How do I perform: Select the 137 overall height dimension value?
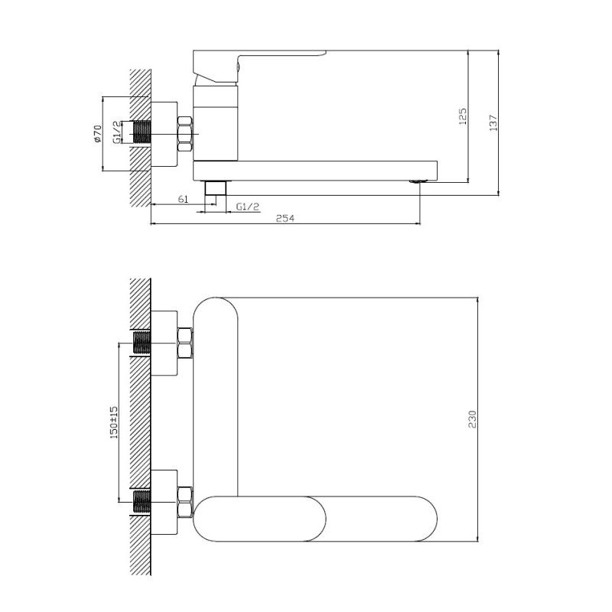(493, 122)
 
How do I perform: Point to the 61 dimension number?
(183, 200)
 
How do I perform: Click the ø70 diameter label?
(98, 135)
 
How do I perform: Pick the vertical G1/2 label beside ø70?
(117, 132)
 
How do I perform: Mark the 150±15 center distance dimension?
(113, 422)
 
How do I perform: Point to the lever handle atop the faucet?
(260, 60)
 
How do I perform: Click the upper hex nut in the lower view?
(184, 343)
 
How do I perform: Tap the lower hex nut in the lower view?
(184, 500)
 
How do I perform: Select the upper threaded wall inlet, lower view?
(142, 343)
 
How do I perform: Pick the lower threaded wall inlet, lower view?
(142, 502)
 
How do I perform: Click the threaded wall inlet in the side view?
(142, 132)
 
